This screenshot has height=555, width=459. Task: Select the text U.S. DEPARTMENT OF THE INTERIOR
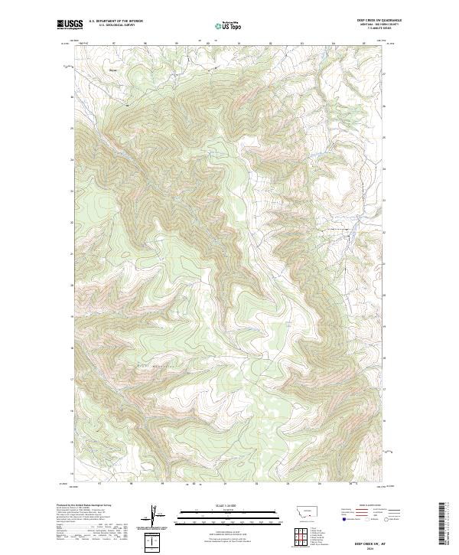(116, 21)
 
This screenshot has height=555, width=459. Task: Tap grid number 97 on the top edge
(112, 44)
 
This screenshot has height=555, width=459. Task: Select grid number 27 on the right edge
(384, 73)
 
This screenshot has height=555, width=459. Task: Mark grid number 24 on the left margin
(73, 158)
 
